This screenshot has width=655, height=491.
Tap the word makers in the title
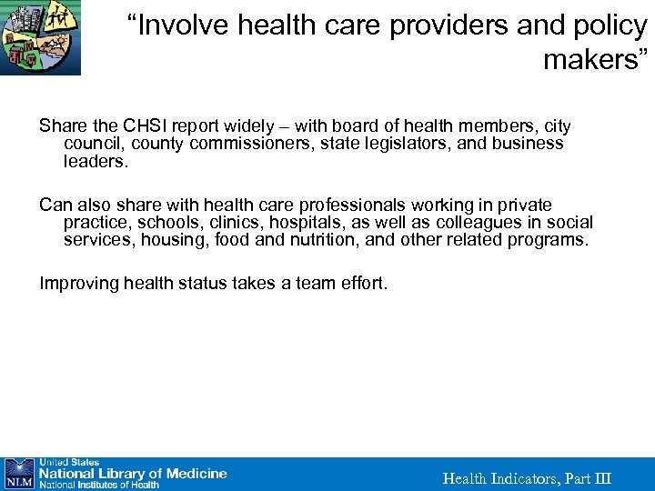(x=591, y=60)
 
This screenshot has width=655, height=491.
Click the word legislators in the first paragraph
(x=423, y=144)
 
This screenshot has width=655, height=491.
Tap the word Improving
(x=79, y=284)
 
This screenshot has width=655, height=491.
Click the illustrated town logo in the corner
(x=40, y=37)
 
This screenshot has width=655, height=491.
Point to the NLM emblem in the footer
(x=18, y=474)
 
